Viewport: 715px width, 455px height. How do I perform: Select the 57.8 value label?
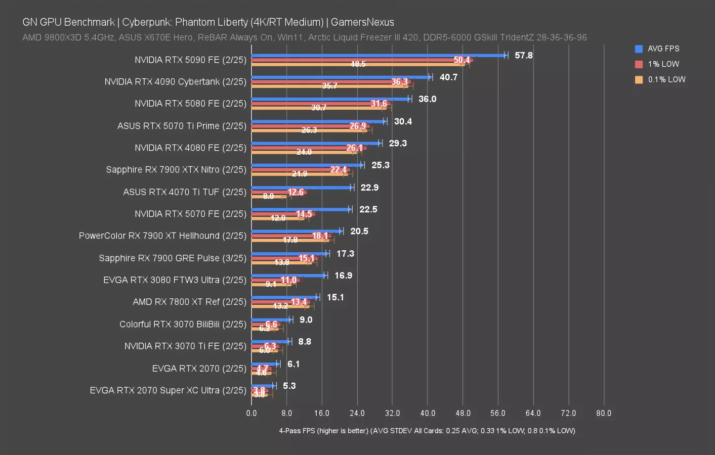(523, 55)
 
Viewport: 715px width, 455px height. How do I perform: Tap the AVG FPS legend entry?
(663, 49)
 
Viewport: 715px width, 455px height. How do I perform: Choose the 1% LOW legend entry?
(663, 64)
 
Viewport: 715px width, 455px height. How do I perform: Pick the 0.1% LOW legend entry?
(666, 79)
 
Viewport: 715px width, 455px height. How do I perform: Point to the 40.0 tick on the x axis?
(428, 413)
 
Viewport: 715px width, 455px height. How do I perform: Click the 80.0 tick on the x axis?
(603, 413)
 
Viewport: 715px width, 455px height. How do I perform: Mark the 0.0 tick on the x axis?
(251, 413)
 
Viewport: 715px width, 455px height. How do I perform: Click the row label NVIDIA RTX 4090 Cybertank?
(175, 81)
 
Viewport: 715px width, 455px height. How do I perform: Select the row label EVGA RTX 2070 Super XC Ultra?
(168, 390)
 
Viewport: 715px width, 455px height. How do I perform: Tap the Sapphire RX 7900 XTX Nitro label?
(176, 169)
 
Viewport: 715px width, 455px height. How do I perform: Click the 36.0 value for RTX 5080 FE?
(427, 99)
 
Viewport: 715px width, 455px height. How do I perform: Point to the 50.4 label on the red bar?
(461, 60)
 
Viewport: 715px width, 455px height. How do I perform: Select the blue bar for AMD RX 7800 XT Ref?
(285, 297)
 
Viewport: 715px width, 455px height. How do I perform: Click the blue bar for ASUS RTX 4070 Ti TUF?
(302, 188)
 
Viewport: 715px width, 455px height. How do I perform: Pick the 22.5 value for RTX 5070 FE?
(368, 209)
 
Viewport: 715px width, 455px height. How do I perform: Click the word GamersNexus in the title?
(362, 22)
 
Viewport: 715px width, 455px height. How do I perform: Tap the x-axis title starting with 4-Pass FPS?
(427, 431)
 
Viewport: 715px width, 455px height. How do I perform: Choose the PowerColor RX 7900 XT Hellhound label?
(162, 236)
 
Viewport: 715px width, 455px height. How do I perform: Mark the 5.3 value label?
(289, 386)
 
